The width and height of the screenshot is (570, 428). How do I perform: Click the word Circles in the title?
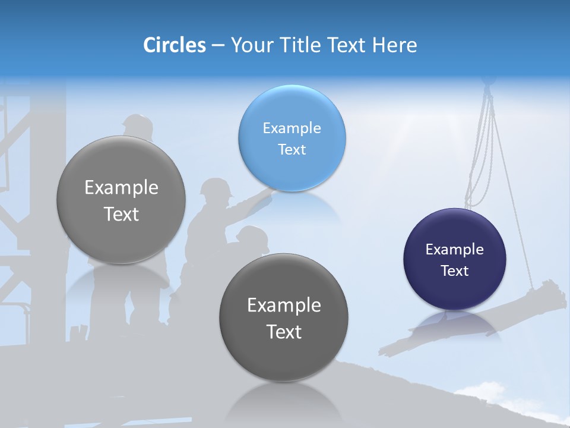[174, 45]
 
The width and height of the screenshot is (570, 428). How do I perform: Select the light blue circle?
[292, 138]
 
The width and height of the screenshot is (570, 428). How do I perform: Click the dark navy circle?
[454, 259]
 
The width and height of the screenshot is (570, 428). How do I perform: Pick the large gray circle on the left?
[121, 200]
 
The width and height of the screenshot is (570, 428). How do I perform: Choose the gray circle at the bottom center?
[284, 317]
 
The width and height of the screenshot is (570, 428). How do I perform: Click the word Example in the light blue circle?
[292, 128]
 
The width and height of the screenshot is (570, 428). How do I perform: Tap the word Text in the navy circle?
[454, 271]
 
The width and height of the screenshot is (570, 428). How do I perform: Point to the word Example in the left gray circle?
[121, 188]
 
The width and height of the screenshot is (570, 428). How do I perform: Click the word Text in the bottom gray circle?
[284, 332]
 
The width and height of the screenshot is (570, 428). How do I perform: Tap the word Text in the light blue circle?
[292, 150]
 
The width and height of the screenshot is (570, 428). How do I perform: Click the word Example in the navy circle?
[454, 250]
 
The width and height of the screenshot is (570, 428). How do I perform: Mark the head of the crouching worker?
[252, 235]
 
